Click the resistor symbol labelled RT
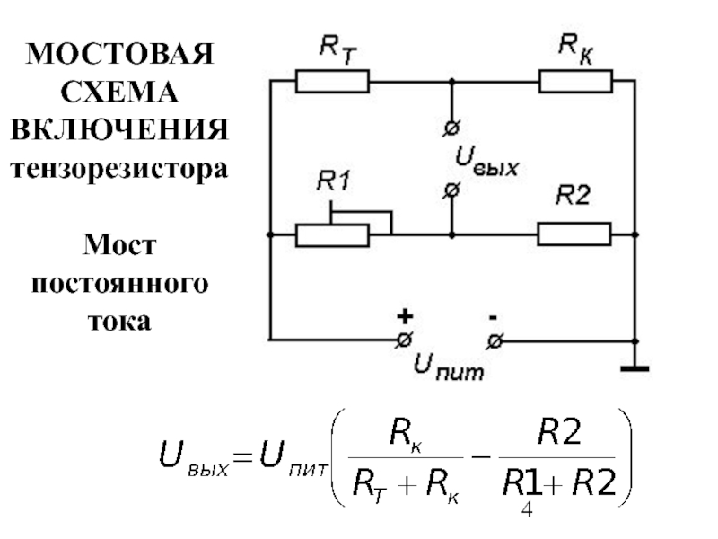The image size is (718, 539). tap(332, 82)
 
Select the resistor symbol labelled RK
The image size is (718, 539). tap(575, 82)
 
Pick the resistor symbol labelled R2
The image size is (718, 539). tap(574, 234)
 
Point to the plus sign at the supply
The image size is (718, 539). tap(405, 316)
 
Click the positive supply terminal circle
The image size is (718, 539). tap(404, 340)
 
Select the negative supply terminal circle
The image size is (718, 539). tap(495, 341)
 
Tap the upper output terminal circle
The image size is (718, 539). tap(451, 128)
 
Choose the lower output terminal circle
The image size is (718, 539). tap(451, 190)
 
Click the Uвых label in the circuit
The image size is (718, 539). tap(486, 162)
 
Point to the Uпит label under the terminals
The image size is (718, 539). tap(448, 367)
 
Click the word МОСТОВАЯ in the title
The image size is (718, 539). tap(120, 54)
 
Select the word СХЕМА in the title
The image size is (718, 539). tap(119, 92)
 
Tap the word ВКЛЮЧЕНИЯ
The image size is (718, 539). tap(119, 129)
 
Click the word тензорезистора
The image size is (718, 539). tap(119, 169)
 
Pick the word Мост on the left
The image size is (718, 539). tap(119, 244)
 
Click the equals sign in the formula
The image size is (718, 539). tap(242, 457)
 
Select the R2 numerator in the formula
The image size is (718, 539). tap(559, 432)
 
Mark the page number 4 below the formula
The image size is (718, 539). tap(527, 509)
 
